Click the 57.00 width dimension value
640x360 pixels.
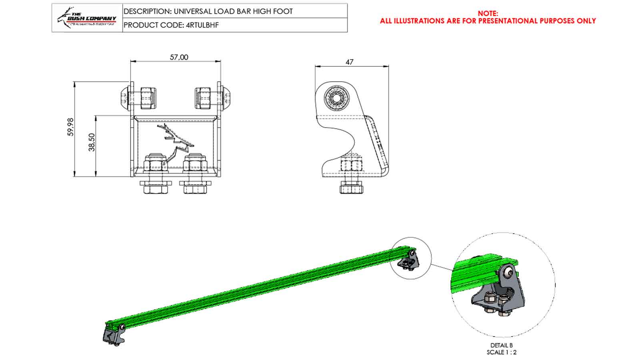point(179,57)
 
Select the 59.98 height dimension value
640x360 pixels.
point(71,127)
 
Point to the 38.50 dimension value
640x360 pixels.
point(92,142)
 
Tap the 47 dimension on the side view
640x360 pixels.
point(349,62)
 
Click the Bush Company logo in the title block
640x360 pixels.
point(87,18)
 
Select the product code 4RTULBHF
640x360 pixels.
point(202,25)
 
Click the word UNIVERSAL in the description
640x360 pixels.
point(194,11)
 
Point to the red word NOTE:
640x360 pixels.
point(488,14)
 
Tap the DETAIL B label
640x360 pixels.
point(501,345)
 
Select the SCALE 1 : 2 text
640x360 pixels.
point(501,352)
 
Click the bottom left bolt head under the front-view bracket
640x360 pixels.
point(156,188)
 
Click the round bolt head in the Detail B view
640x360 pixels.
point(508,273)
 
